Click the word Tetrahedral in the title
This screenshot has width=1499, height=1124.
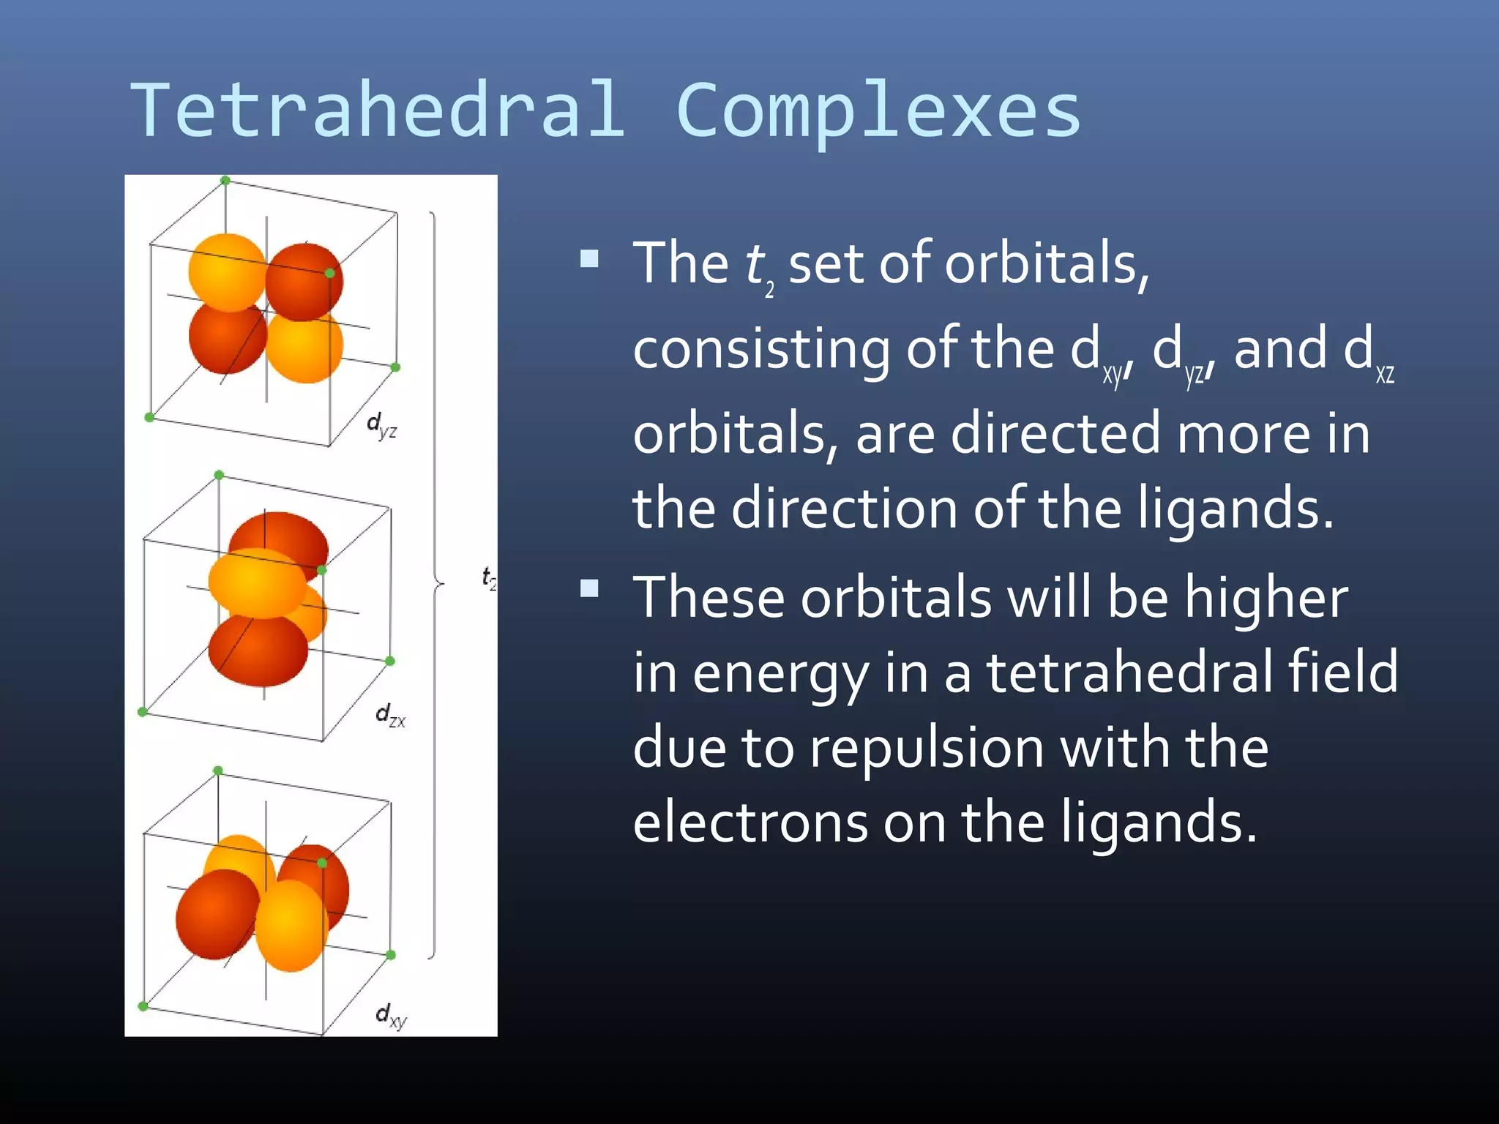(x=377, y=110)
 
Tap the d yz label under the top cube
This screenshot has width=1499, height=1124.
(x=381, y=425)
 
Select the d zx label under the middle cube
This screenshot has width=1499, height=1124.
(x=389, y=715)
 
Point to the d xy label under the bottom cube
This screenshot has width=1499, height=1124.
(x=390, y=1016)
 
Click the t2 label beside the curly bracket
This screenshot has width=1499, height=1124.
(x=489, y=577)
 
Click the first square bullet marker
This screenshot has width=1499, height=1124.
(x=589, y=259)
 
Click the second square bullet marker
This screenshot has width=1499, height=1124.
(x=589, y=588)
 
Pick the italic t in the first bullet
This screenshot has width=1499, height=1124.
(x=754, y=263)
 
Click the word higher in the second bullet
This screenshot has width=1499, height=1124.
(x=1266, y=597)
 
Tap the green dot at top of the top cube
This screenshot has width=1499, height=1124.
(x=225, y=180)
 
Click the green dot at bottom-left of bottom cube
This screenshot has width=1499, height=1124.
(x=143, y=1006)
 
